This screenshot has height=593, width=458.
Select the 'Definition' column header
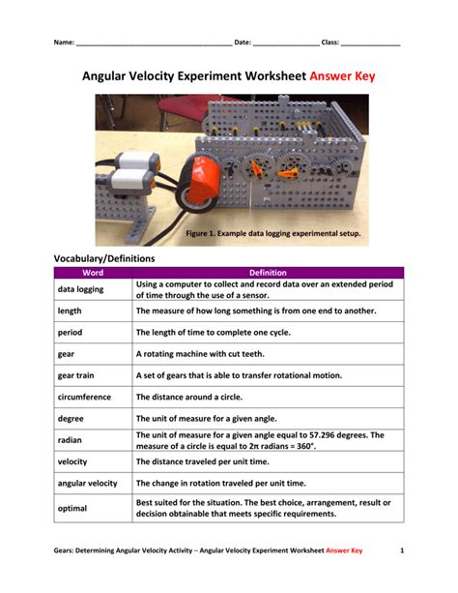click(x=268, y=273)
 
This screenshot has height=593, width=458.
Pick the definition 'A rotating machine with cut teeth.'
click(x=204, y=354)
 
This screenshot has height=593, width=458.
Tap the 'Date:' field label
click(x=243, y=44)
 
